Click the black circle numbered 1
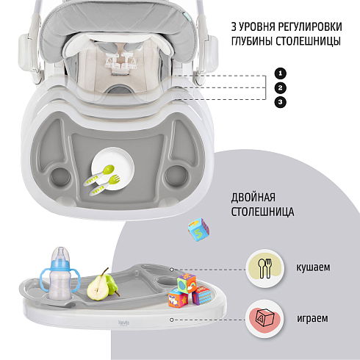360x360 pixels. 280,73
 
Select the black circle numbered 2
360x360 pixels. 280,87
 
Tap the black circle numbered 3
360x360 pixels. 280,102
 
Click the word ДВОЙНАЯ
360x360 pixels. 253,198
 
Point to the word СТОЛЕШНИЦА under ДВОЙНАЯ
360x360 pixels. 262,212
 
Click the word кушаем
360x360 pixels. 313,267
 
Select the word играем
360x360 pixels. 312,318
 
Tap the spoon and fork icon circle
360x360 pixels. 265,268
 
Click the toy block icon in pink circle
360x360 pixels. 264,319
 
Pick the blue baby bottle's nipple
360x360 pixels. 60,254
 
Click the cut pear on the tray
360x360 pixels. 98,286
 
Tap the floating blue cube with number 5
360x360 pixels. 198,229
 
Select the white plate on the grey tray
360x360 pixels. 113,168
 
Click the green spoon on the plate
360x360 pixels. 99,175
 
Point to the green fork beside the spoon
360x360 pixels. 104,185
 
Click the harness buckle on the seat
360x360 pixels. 120,63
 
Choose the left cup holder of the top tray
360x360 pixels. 60,177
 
